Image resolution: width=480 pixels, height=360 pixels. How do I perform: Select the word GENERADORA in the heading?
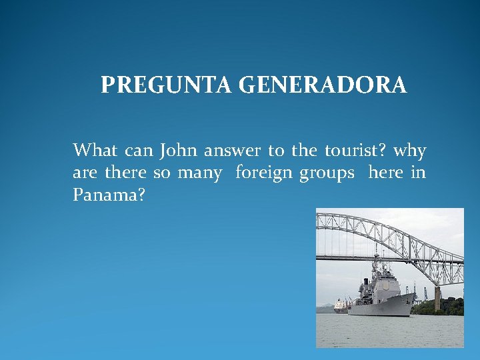[x=322, y=86]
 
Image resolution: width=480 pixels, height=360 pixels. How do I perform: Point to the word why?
[x=410, y=151]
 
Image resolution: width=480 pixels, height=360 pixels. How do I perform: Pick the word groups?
[x=327, y=174]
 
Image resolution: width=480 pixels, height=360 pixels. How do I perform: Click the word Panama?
[x=106, y=196]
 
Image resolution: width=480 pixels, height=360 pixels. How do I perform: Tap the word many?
[x=199, y=174]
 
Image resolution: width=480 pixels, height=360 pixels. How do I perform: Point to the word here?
[x=385, y=173]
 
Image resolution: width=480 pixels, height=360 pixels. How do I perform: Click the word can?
[x=138, y=151]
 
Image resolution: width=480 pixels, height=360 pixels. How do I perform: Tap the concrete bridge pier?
[x=437, y=299]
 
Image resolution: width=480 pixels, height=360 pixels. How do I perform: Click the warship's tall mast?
[x=375, y=263]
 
